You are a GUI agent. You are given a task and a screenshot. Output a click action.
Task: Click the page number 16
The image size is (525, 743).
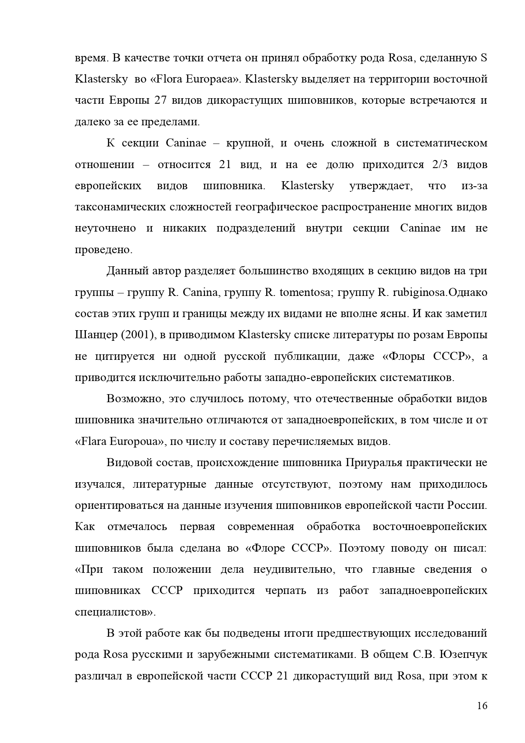482,706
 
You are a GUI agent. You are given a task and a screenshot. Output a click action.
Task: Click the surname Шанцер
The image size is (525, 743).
95,335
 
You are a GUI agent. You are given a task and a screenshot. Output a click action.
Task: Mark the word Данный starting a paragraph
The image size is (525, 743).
126,271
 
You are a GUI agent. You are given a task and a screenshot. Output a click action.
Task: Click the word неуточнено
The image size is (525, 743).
105,229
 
